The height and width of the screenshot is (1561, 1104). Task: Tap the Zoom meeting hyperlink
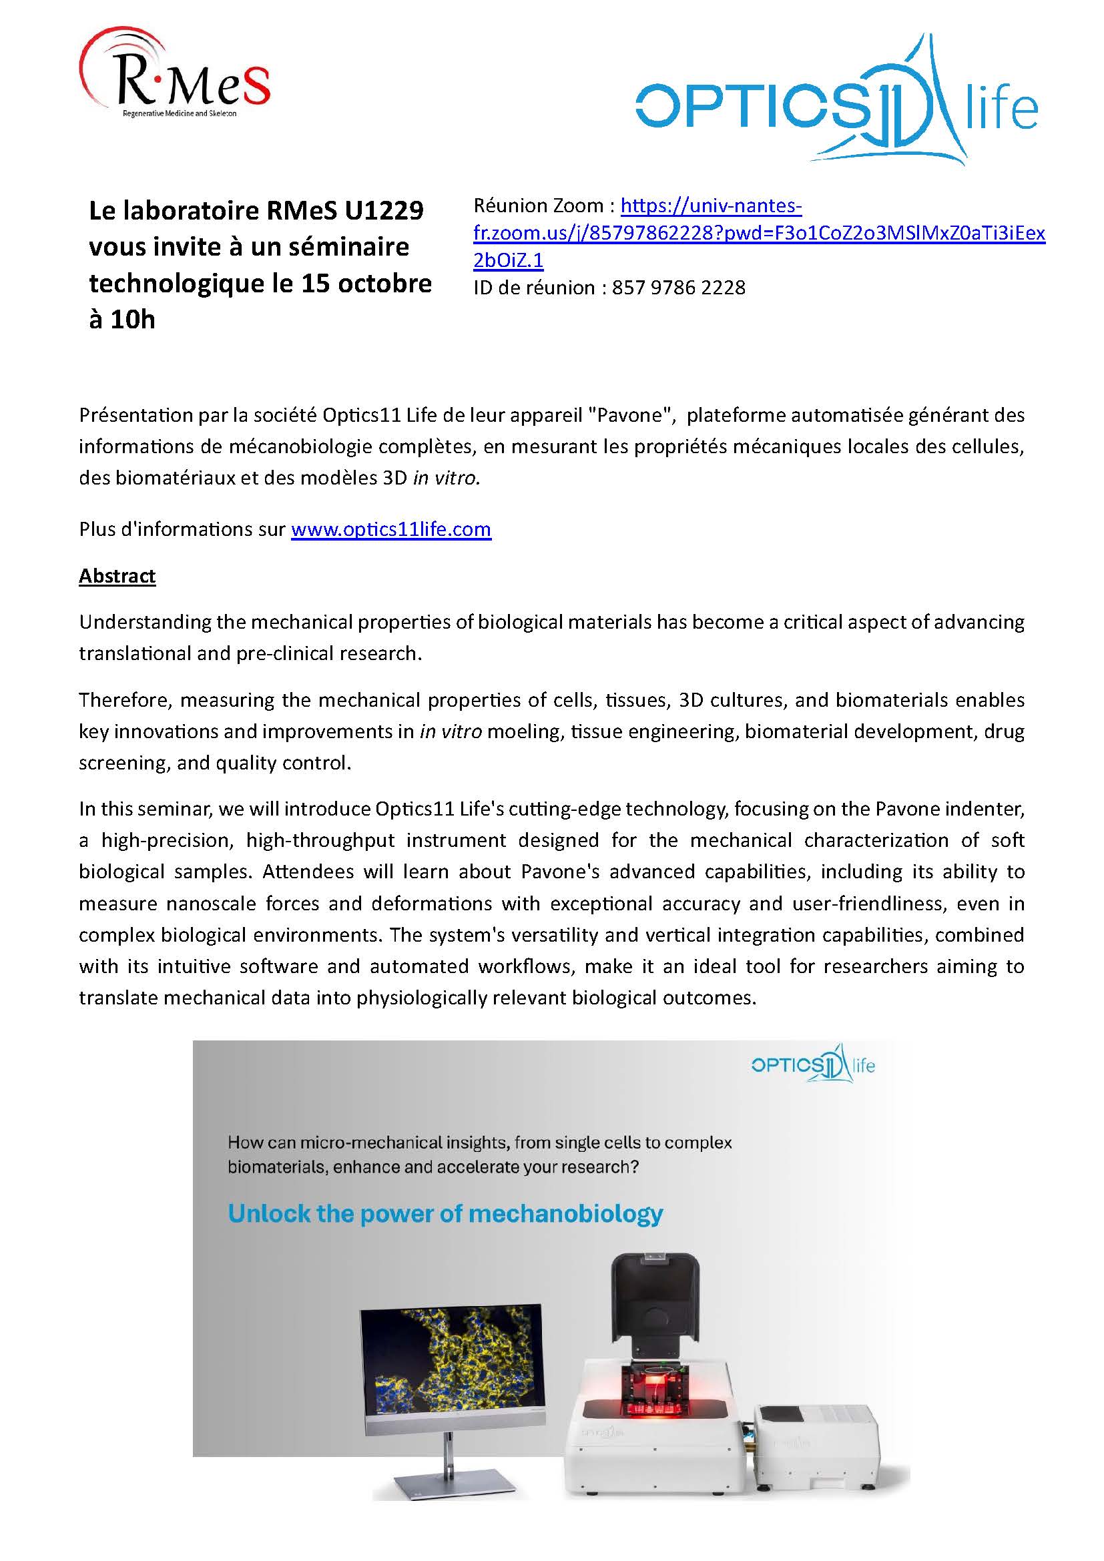coord(759,232)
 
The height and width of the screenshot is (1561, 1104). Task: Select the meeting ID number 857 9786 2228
coord(678,288)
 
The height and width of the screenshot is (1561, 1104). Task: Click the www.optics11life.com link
coord(391,529)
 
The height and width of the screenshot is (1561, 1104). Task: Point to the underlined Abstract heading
coord(117,575)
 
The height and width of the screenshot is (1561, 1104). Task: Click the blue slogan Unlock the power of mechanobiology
coord(445,1213)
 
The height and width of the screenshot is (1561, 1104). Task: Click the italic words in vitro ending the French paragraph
coord(446,478)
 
